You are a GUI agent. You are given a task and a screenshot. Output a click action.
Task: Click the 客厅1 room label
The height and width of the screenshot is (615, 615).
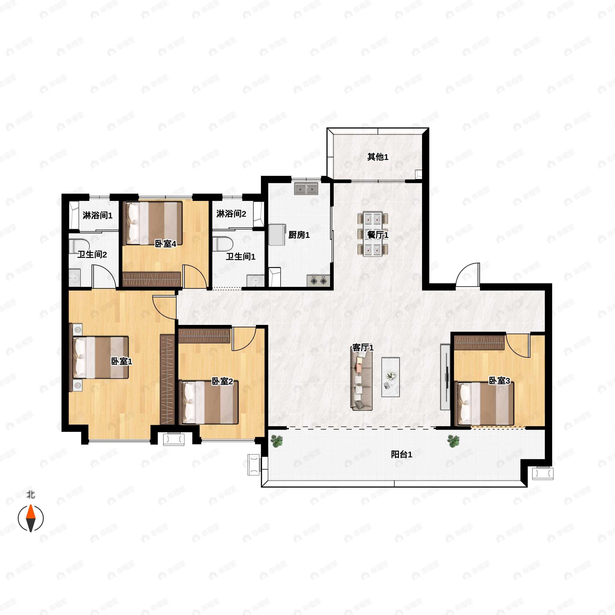point(363,348)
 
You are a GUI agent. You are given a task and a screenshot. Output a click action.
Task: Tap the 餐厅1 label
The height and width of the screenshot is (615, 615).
point(378,235)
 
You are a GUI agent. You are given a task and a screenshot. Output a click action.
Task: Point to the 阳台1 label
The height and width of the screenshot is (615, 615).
point(401,455)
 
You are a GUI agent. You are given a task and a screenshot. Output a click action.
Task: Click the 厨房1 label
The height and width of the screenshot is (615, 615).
point(299,235)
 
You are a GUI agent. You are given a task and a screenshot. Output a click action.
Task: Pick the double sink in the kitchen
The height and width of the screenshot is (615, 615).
point(306,188)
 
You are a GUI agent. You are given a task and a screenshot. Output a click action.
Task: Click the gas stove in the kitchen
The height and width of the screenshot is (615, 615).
point(319,280)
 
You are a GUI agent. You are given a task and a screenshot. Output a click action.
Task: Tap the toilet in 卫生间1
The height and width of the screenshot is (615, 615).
point(223,243)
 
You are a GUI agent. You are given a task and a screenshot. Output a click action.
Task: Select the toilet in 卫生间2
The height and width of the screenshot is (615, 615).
point(77,246)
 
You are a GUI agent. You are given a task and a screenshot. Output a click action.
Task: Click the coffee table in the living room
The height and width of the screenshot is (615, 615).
point(391,377)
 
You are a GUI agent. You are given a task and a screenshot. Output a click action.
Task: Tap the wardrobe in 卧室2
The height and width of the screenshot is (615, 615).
point(204,335)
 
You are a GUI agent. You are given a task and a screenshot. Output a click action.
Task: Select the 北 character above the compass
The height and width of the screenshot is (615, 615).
point(31,495)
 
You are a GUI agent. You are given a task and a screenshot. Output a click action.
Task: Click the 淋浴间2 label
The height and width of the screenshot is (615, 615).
point(231,214)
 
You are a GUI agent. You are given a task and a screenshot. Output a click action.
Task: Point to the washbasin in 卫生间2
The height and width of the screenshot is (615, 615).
point(75,277)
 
